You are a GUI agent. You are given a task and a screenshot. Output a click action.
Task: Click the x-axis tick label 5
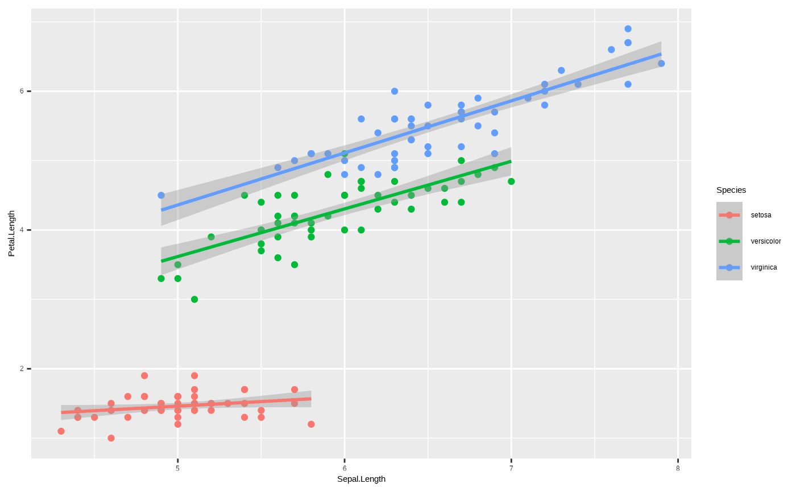pyautogui.click(x=178, y=468)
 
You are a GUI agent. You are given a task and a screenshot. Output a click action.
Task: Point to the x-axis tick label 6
pyautogui.click(x=345, y=468)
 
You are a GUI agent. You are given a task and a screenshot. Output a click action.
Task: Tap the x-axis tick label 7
pyautogui.click(x=511, y=468)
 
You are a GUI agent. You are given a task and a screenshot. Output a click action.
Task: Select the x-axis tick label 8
pyautogui.click(x=678, y=468)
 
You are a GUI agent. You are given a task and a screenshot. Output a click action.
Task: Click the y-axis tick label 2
pyautogui.click(x=22, y=369)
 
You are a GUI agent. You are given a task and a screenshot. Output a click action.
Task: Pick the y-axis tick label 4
pyautogui.click(x=22, y=230)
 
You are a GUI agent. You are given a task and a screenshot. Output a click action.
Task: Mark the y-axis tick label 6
pyautogui.click(x=22, y=91)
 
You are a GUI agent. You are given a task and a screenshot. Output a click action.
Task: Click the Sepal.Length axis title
pyautogui.click(x=361, y=479)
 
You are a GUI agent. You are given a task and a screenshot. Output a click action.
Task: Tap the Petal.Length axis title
pyautogui.click(x=11, y=233)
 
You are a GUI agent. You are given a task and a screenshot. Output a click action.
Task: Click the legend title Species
pyautogui.click(x=731, y=190)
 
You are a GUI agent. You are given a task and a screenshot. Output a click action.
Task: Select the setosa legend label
pyautogui.click(x=761, y=215)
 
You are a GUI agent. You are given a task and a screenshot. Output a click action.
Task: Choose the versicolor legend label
pyautogui.click(x=765, y=241)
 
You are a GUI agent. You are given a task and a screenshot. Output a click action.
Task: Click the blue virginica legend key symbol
pyautogui.click(x=729, y=267)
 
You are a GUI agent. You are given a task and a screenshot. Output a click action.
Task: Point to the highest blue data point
pyautogui.click(x=628, y=29)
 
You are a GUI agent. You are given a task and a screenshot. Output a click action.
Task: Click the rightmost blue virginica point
pyautogui.click(x=661, y=64)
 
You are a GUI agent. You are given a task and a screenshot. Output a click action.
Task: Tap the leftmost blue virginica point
pyautogui.click(x=161, y=195)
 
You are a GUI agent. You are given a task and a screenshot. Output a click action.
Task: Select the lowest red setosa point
pyautogui.click(x=111, y=438)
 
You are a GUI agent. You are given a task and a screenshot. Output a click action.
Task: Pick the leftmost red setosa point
pyautogui.click(x=61, y=431)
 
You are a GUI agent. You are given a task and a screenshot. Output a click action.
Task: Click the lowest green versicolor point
pyautogui.click(x=194, y=299)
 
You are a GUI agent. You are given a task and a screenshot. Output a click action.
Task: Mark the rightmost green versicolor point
pyautogui.click(x=511, y=181)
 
